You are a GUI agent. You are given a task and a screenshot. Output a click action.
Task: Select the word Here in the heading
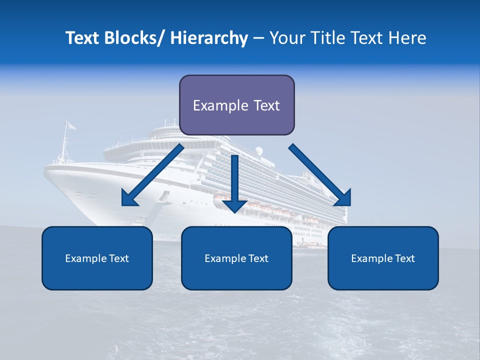click(x=406, y=38)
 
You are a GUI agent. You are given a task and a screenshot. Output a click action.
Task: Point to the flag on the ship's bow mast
click(x=71, y=126)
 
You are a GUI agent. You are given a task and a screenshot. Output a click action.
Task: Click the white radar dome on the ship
click(x=258, y=151)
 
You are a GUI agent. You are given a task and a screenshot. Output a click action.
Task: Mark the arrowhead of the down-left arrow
click(x=129, y=198)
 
